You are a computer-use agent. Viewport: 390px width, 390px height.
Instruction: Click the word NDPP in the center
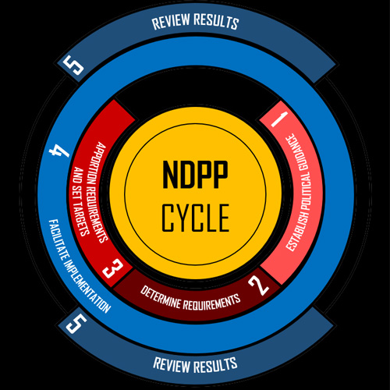click(x=195, y=175)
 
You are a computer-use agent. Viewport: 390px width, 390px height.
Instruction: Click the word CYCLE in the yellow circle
click(x=196, y=218)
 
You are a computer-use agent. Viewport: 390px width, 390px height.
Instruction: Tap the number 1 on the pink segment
click(x=279, y=119)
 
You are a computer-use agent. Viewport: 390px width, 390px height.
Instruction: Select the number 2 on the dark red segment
click(x=259, y=285)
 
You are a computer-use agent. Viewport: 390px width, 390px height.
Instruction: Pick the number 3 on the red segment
click(x=112, y=268)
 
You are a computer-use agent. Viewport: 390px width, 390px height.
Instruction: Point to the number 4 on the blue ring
click(x=59, y=151)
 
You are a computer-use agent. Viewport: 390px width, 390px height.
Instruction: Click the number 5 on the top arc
click(x=74, y=65)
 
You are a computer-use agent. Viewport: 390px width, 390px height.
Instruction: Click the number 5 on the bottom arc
click(x=76, y=323)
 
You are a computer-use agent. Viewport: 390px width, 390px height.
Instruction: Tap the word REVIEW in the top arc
click(x=171, y=22)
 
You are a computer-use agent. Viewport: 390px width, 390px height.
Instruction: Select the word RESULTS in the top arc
click(x=216, y=21)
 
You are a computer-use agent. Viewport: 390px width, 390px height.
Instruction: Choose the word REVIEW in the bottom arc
click(x=172, y=365)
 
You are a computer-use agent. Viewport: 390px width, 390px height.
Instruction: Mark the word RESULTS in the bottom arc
click(x=216, y=365)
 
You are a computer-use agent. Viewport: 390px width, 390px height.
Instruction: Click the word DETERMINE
click(x=161, y=297)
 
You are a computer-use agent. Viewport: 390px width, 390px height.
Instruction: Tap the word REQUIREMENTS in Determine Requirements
click(x=212, y=302)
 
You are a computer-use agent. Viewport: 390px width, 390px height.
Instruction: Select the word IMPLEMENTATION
click(x=87, y=286)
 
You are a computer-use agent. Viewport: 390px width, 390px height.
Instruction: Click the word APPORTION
click(x=97, y=165)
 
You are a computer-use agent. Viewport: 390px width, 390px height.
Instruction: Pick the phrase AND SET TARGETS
click(x=81, y=201)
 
